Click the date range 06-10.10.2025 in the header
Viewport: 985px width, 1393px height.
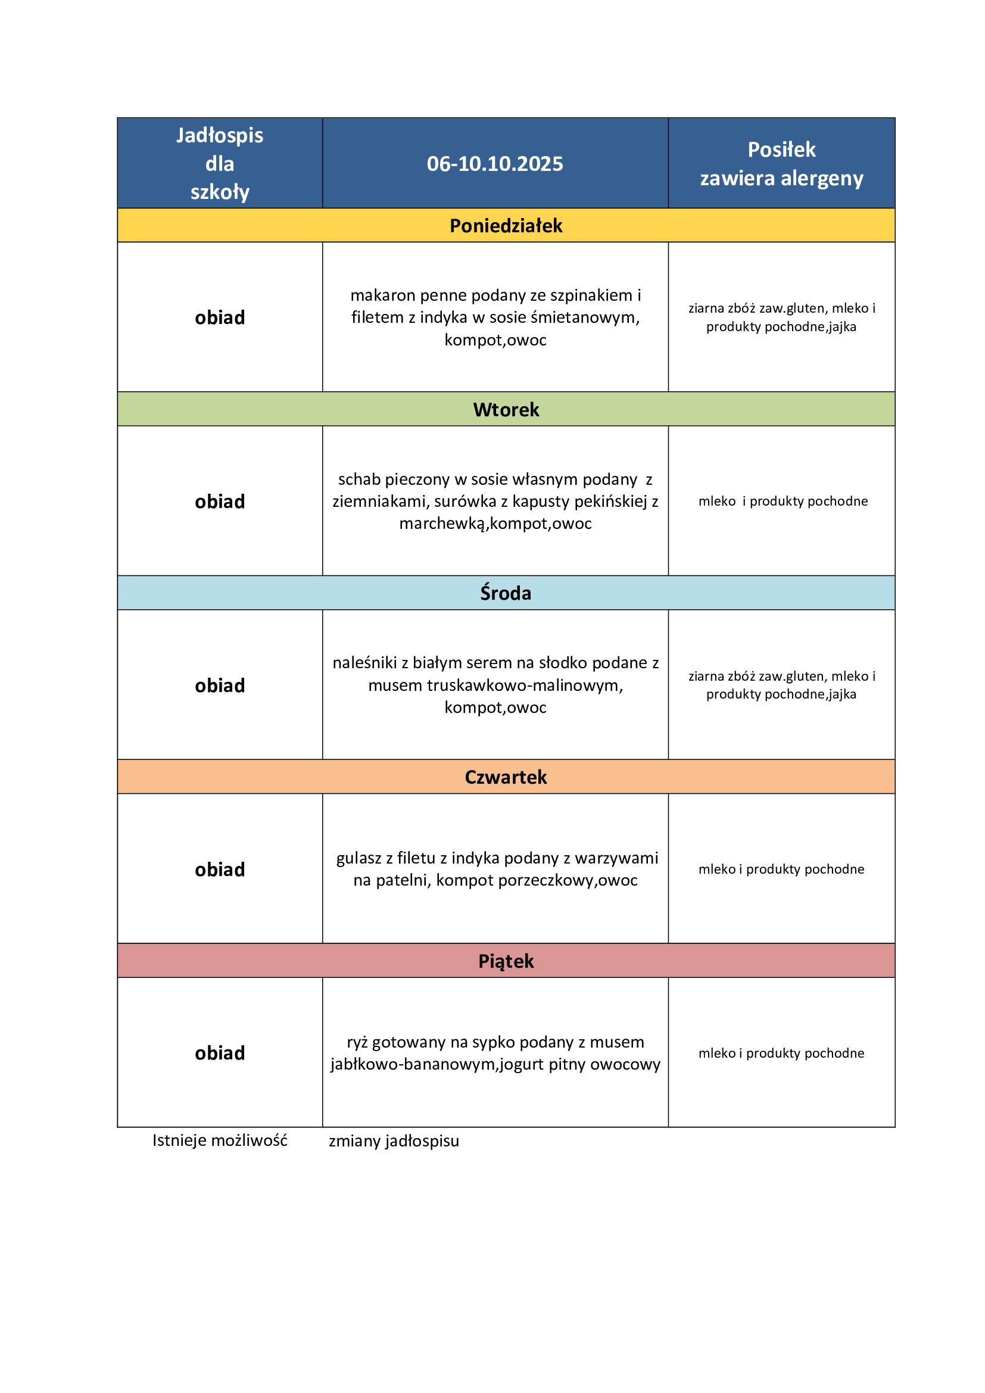494,164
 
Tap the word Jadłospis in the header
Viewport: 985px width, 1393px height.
220,135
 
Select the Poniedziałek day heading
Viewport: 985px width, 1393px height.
506,226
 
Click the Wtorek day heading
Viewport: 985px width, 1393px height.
506,410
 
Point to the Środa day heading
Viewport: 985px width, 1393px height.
506,593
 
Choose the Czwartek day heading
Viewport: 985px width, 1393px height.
506,777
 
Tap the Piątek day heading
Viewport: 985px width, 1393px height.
506,961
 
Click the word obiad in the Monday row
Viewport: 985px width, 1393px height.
220,317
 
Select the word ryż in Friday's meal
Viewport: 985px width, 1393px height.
357,1042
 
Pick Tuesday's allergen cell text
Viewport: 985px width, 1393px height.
783,501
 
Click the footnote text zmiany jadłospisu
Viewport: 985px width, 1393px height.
394,1141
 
